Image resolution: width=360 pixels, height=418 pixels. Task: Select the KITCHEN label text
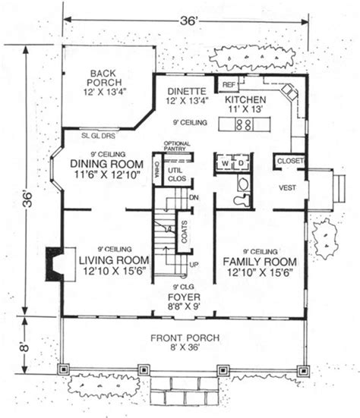coord(244,99)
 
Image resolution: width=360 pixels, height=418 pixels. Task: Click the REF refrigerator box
coord(227,84)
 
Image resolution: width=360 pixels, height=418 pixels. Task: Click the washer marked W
coord(225,162)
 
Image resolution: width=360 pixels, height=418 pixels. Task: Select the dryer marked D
coord(240,162)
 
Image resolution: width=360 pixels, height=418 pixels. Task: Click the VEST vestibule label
coord(287,187)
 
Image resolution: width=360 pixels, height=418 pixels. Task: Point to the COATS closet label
coord(184,237)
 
